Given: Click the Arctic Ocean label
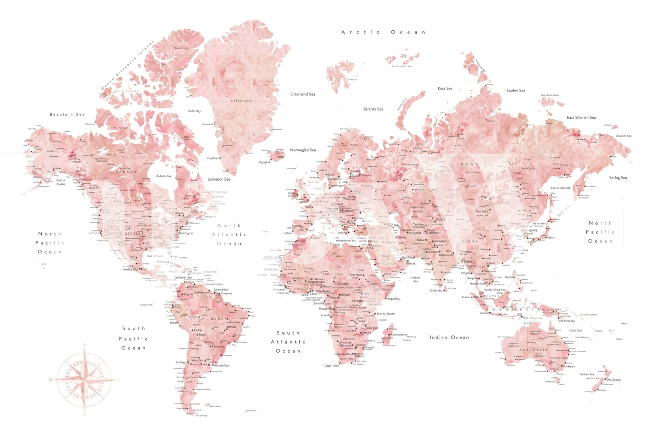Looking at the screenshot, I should (383, 32).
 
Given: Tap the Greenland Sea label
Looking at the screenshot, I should (302, 94).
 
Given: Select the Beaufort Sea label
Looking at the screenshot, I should (67, 114).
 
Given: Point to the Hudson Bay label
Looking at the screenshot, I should (163, 176).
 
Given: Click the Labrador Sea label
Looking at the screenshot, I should (219, 179).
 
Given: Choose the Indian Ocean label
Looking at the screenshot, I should (449, 337).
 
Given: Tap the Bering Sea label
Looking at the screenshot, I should (618, 178).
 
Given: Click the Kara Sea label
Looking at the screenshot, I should (445, 88).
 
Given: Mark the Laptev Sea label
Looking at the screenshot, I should (516, 90).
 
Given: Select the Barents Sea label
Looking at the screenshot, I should (373, 109).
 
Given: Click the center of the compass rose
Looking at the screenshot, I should (85, 379).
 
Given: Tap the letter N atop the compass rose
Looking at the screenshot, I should (85, 346).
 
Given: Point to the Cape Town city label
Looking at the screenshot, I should (332, 366).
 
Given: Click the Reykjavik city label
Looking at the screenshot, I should (265, 162).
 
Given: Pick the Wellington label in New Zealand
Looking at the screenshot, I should (614, 380).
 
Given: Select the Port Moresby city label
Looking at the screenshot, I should (566, 321).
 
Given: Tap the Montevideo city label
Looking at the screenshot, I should (222, 365).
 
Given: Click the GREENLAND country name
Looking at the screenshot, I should (242, 101).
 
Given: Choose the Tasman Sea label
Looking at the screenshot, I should (586, 374).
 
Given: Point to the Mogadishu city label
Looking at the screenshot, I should (393, 299).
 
